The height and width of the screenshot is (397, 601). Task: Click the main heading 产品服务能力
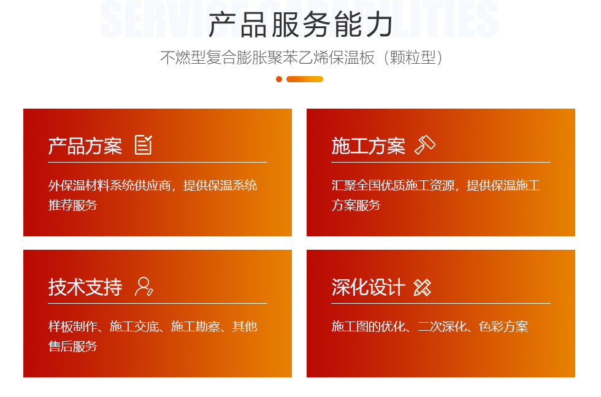pyautogui.click(x=300, y=25)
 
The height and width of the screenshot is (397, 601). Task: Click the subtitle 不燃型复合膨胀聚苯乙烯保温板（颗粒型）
pyautogui.click(x=302, y=58)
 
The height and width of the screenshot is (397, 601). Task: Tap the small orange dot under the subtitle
pyautogui.click(x=279, y=79)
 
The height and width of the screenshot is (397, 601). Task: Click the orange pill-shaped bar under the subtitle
pyautogui.click(x=305, y=79)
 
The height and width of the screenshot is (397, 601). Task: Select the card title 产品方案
pyautogui.click(x=85, y=146)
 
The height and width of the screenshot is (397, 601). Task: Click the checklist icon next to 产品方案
pyautogui.click(x=144, y=145)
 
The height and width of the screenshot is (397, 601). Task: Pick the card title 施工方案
pyautogui.click(x=369, y=146)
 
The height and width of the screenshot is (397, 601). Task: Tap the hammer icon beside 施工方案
pyautogui.click(x=425, y=145)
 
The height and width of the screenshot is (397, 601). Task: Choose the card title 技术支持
pyautogui.click(x=85, y=287)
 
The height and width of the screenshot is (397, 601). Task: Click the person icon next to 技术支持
pyautogui.click(x=144, y=286)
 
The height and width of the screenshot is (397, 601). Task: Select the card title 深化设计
pyautogui.click(x=369, y=287)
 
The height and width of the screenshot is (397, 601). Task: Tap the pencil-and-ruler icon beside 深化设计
pyautogui.click(x=423, y=287)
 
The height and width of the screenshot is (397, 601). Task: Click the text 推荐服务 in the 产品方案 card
pyautogui.click(x=73, y=205)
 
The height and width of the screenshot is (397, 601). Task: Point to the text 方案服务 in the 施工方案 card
pyautogui.click(x=356, y=205)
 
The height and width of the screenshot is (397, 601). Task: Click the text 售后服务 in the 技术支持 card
pyautogui.click(x=73, y=346)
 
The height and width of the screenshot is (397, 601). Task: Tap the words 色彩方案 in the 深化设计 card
pyautogui.click(x=503, y=326)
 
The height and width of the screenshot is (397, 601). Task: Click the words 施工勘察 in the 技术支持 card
pyautogui.click(x=196, y=326)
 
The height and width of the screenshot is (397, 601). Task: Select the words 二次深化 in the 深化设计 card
pyautogui.click(x=442, y=326)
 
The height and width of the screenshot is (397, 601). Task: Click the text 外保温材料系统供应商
pyautogui.click(x=110, y=185)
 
